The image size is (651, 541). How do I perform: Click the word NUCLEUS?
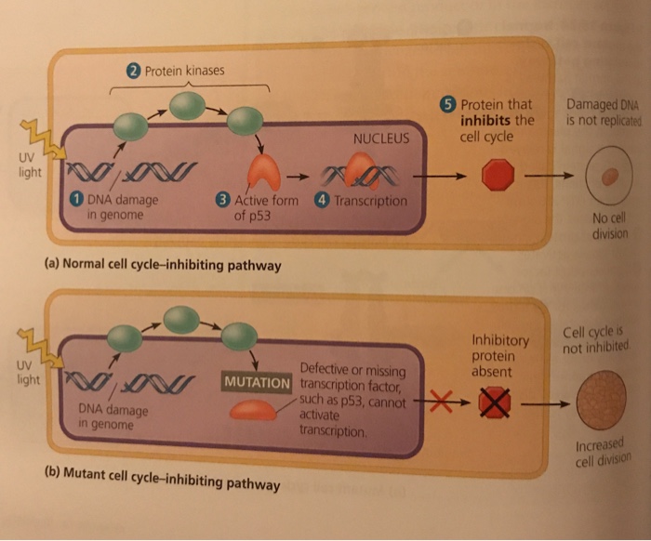(x=381, y=139)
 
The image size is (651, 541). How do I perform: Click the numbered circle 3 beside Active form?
(x=221, y=200)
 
